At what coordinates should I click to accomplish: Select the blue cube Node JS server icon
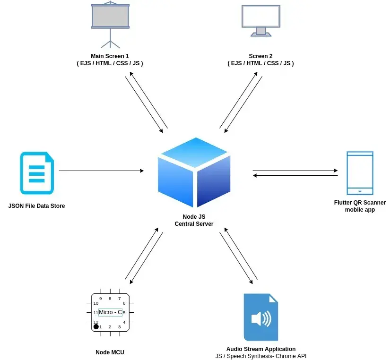click(194, 172)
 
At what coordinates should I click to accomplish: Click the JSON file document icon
click(37, 173)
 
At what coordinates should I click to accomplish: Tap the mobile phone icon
click(360, 173)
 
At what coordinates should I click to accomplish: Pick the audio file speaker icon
click(261, 317)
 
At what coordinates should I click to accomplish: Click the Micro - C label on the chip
click(110, 312)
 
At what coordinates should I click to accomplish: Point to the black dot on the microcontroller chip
click(96, 326)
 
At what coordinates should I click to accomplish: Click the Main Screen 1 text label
click(110, 56)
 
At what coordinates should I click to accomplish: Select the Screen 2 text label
click(261, 56)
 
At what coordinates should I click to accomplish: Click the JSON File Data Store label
click(37, 206)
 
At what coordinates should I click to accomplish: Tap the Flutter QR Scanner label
click(360, 203)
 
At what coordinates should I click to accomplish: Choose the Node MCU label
click(110, 352)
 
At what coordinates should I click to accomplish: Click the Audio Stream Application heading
click(261, 349)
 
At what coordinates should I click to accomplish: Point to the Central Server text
click(194, 223)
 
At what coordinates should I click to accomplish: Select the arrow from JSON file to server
click(101, 171)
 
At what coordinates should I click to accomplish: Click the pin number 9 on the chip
click(100, 299)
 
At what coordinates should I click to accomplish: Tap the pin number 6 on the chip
click(124, 303)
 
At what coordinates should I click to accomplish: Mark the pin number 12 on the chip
click(96, 322)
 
